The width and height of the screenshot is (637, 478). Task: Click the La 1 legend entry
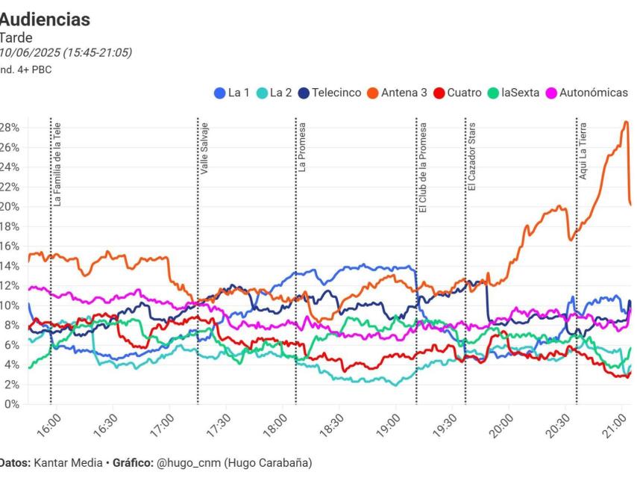[232, 93]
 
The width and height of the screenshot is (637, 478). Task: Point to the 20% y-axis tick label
[9, 207]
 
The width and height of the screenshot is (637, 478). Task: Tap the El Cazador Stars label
[472, 156]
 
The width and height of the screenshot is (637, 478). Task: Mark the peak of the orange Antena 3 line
[627, 122]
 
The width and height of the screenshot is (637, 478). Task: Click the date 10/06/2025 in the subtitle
[30, 53]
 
